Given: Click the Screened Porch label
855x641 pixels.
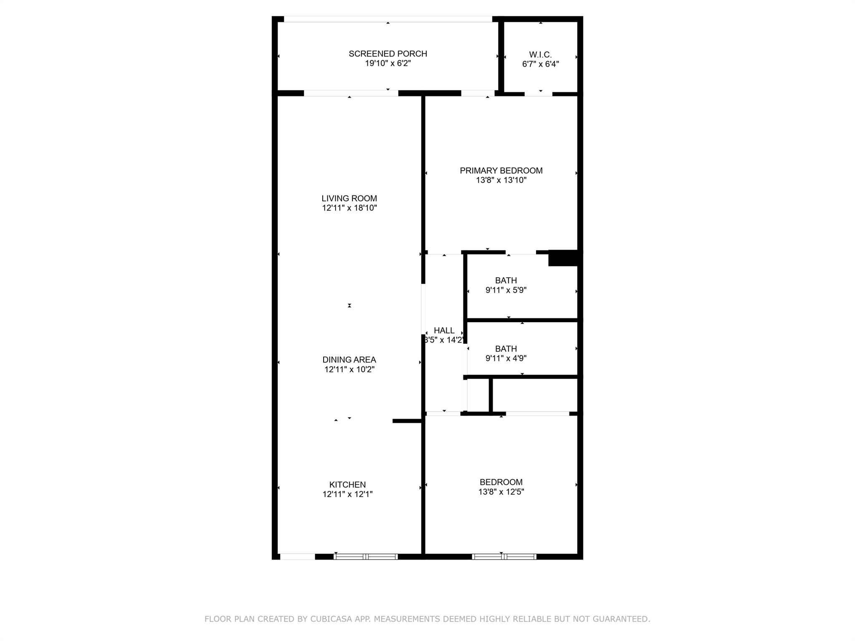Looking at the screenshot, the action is [x=388, y=54].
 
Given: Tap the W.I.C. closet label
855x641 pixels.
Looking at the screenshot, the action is [x=540, y=55].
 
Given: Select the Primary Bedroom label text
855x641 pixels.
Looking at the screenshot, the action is [x=501, y=171].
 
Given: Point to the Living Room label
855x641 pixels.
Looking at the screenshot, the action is [x=349, y=199].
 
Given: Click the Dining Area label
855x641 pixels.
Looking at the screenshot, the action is [x=349, y=360].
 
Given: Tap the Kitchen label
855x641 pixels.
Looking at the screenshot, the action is [x=347, y=485].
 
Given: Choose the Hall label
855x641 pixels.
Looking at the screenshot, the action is [x=444, y=331].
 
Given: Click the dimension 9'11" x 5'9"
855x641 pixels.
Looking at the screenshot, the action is [x=506, y=290].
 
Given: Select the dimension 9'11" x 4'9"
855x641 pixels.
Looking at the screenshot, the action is [x=506, y=358].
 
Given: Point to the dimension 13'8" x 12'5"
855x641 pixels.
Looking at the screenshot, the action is [x=501, y=492].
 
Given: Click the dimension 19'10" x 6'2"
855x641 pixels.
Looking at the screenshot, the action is [x=388, y=63].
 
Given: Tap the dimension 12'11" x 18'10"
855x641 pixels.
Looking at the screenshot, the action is [x=349, y=208].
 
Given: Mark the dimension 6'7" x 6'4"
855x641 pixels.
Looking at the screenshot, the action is [x=540, y=64].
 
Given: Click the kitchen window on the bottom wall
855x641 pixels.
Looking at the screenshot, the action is [x=366, y=556].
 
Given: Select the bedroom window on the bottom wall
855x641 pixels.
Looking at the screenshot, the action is [x=504, y=556].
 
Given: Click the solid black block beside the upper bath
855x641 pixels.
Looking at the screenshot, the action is [x=563, y=258].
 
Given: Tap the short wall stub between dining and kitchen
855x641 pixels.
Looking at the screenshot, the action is [x=407, y=421].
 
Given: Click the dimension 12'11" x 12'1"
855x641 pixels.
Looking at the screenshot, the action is [x=347, y=495].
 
